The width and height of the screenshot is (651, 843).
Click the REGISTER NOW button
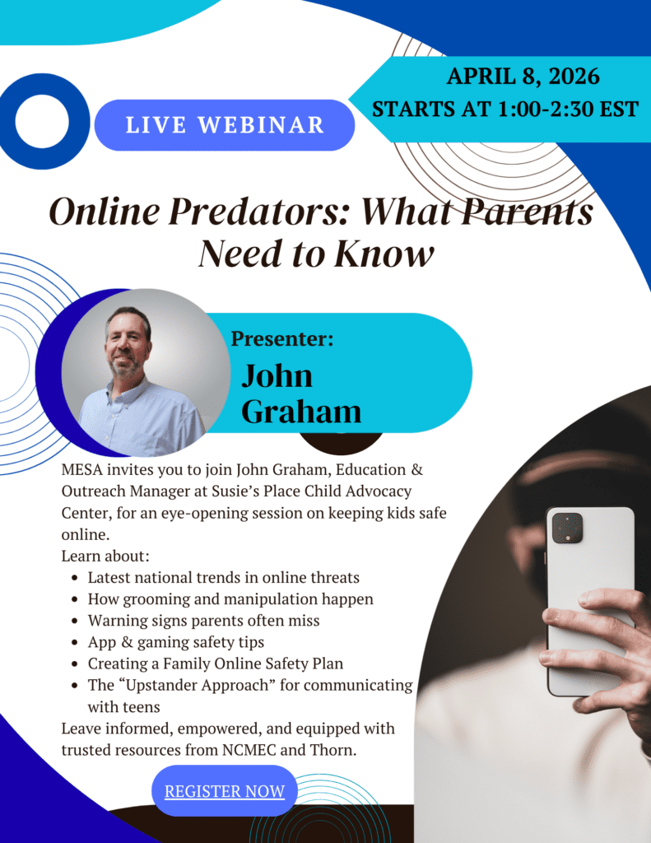click(x=225, y=791)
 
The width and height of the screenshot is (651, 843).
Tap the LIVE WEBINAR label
click(x=225, y=125)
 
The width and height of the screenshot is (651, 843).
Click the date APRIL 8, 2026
click(x=523, y=77)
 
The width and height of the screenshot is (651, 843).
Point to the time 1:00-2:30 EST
click(x=568, y=109)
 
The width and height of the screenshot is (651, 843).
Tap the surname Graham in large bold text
click(x=301, y=412)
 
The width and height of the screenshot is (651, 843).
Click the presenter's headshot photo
click(x=146, y=372)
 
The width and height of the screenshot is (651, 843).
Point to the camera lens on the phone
click(x=566, y=527)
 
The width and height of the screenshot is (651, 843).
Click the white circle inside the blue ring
click(x=42, y=122)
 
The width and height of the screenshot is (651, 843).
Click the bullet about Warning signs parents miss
click(x=204, y=621)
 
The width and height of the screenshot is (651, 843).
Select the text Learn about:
click(x=105, y=556)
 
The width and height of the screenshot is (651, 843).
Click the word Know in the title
click(x=384, y=254)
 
